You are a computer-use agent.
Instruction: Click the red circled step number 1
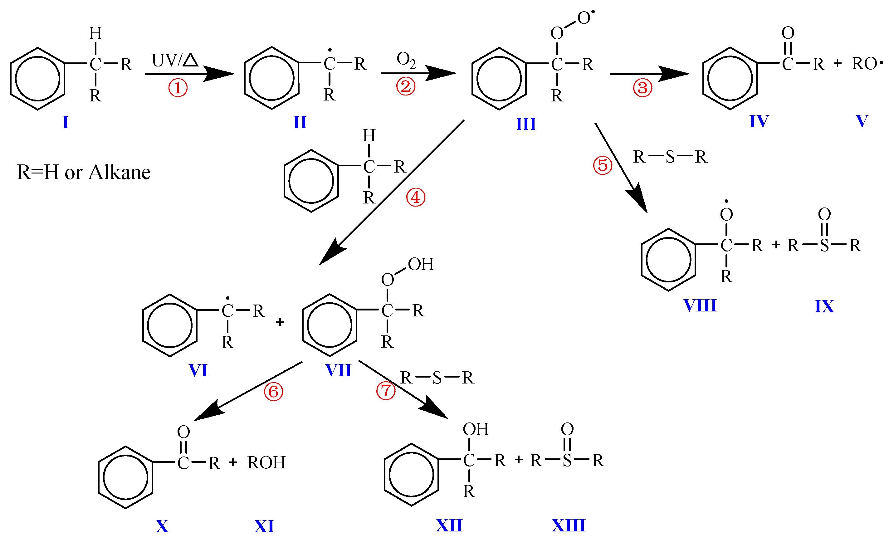[178, 88]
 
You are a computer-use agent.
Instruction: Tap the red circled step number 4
[416, 198]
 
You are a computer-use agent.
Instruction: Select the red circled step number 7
[386, 391]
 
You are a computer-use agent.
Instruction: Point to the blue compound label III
[526, 124]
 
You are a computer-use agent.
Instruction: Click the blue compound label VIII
[700, 306]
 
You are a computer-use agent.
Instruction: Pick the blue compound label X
[162, 526]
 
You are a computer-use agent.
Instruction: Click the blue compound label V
[862, 121]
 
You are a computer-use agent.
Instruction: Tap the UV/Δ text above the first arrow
[175, 60]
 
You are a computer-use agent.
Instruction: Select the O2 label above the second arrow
[406, 60]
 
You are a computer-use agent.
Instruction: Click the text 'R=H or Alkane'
[83, 172]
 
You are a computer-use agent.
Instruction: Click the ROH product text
[266, 463]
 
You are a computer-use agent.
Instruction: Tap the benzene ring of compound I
[37, 79]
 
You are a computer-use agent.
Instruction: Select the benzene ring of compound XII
[411, 475]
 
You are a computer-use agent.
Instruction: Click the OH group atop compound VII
[421, 264]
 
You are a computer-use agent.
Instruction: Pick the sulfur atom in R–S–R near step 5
[670, 157]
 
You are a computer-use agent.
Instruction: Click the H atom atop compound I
[95, 34]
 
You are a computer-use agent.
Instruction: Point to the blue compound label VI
[198, 371]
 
